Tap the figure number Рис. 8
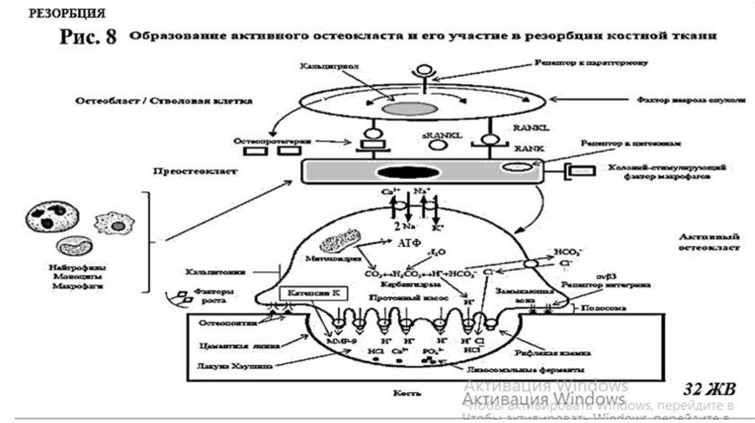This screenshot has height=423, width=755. point(87,38)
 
